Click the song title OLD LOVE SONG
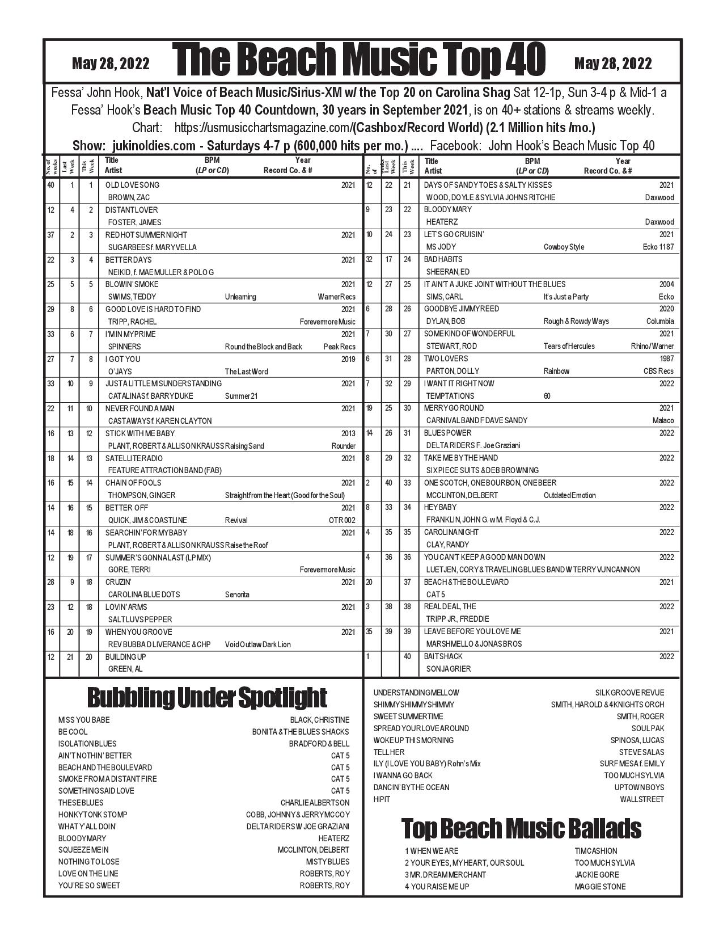click(x=132, y=185)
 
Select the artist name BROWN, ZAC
click(x=129, y=197)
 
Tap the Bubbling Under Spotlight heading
click(x=207, y=698)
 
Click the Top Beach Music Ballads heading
click(x=521, y=828)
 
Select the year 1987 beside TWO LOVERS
click(x=666, y=359)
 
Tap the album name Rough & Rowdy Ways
click(x=576, y=321)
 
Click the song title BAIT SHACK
click(x=443, y=656)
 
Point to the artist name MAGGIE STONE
click(x=600, y=887)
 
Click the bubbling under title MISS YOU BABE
click(x=84, y=720)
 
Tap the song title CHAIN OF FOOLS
click(x=133, y=483)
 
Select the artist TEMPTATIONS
click(x=450, y=396)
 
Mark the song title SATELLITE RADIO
click(x=134, y=458)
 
